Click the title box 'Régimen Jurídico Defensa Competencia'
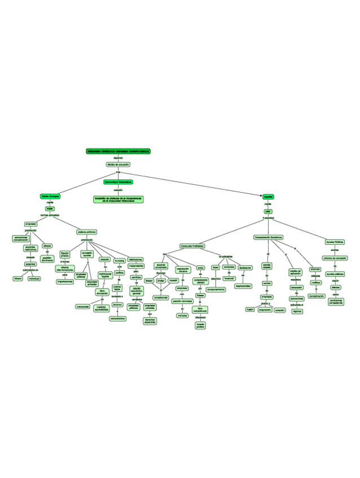click(x=118, y=152)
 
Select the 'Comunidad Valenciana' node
click(x=118, y=182)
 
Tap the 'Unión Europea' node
click(x=50, y=196)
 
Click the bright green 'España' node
click(x=268, y=197)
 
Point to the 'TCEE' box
click(x=50, y=209)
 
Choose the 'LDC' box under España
click(x=268, y=211)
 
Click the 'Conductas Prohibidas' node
click(x=192, y=246)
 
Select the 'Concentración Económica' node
click(x=268, y=237)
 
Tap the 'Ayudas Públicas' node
click(x=335, y=242)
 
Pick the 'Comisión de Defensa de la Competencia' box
click(x=118, y=200)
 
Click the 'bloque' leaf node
click(x=18, y=278)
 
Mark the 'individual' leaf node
click(x=34, y=278)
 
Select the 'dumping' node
click(x=120, y=260)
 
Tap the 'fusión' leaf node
click(x=250, y=309)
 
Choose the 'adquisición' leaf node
click(x=265, y=309)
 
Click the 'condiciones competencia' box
click(x=336, y=302)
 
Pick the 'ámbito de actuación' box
click(x=118, y=165)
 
